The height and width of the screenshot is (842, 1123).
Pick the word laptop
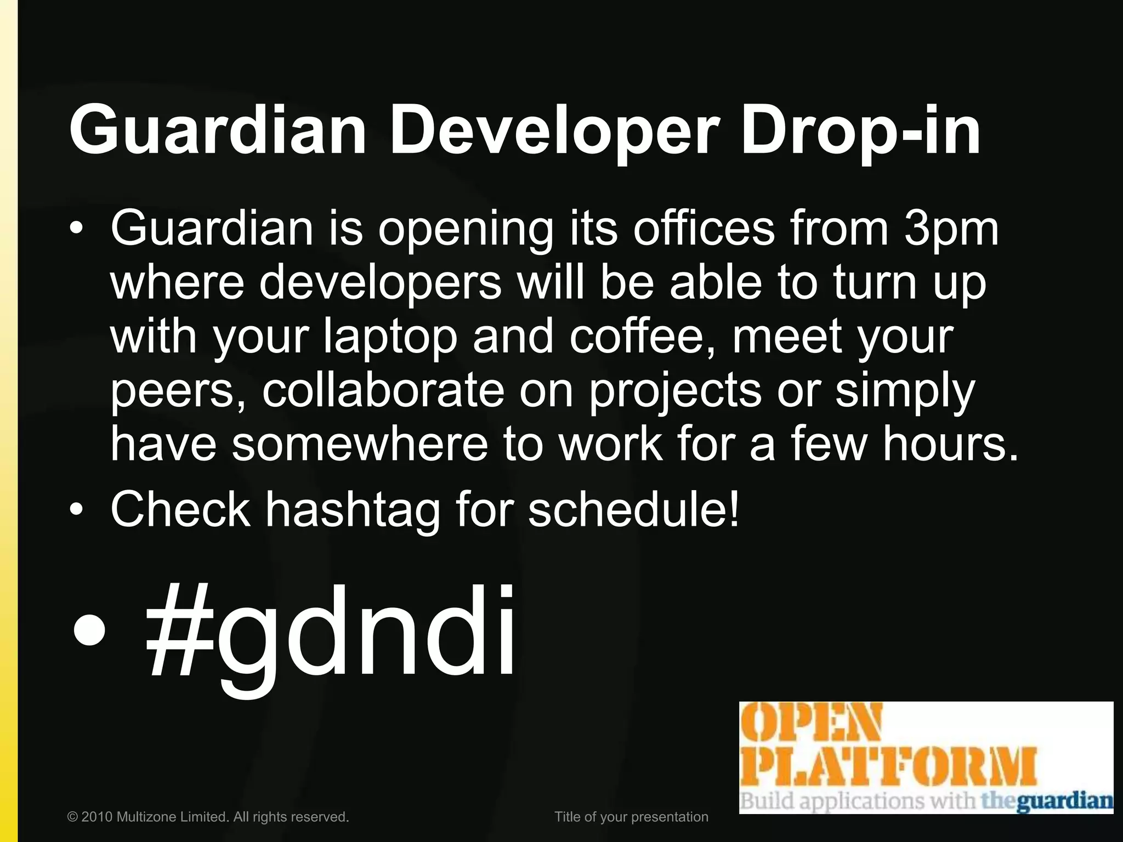[390, 338]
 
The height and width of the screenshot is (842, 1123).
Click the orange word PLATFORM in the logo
[888, 767]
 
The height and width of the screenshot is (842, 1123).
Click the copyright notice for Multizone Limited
[208, 817]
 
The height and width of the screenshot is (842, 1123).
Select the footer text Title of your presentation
[631, 817]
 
